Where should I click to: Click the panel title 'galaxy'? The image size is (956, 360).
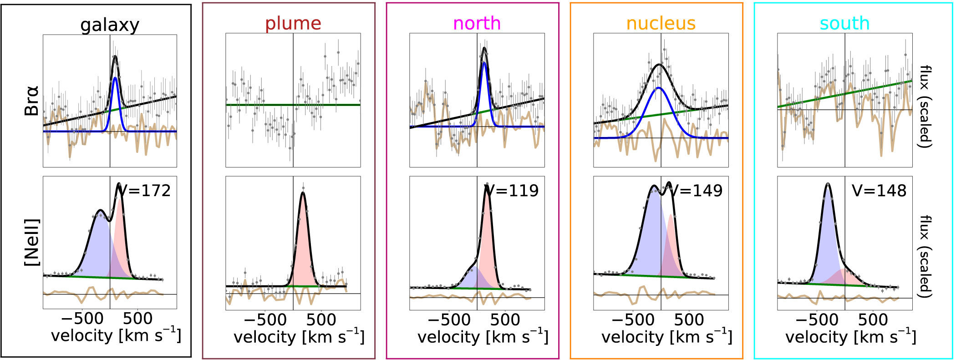pos(110,25)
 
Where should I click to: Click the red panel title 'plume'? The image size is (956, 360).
pos(293,23)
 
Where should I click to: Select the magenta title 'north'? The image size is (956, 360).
pos(477,23)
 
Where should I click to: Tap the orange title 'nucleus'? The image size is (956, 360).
pos(661,23)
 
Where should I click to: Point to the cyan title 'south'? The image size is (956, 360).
pos(844,23)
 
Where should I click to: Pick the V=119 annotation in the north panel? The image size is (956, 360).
pos(513,191)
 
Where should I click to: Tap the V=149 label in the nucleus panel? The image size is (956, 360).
pos(697,191)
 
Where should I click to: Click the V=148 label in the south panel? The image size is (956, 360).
pos(879,191)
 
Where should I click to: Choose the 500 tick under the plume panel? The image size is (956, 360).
pos(321,320)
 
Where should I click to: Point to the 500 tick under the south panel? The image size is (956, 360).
pos(873,320)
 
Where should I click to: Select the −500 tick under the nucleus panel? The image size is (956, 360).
pos(633,320)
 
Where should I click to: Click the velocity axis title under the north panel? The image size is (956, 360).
pos(483,337)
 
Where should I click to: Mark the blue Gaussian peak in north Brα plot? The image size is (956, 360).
pos(484,63)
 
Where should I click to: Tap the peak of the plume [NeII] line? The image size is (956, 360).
pos(303,193)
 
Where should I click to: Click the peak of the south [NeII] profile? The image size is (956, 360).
pos(828,184)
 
